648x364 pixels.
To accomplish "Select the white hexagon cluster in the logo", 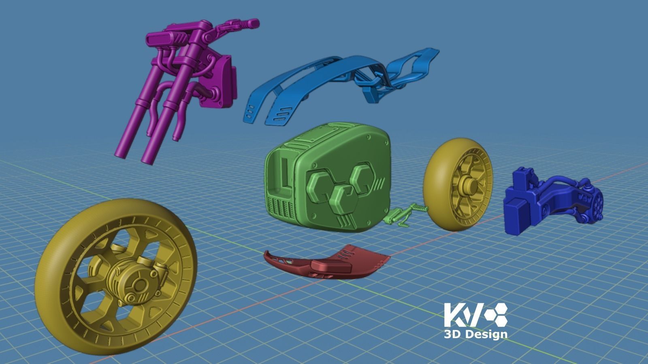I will pos(497,315).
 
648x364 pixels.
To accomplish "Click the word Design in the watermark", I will pos(486,334).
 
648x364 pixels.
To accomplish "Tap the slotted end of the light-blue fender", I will pos(253,111).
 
